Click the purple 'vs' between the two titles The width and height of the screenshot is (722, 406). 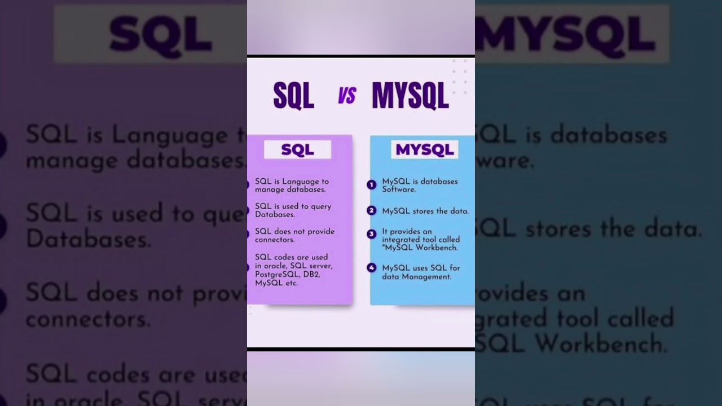[347, 96]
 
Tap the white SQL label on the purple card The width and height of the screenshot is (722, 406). [297, 149]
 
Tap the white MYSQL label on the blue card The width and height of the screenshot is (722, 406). [424, 149]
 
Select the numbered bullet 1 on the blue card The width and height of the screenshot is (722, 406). [371, 184]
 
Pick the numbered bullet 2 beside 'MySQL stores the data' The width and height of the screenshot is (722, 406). [371, 210]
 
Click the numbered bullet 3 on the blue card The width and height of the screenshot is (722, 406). [371, 233]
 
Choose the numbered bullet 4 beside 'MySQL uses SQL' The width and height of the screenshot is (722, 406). [371, 268]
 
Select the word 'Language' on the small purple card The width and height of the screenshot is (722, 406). [300, 182]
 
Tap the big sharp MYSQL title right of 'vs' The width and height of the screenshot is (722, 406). [410, 96]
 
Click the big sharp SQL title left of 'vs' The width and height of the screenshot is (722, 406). [293, 96]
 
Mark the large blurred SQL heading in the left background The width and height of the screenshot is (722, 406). [161, 35]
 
